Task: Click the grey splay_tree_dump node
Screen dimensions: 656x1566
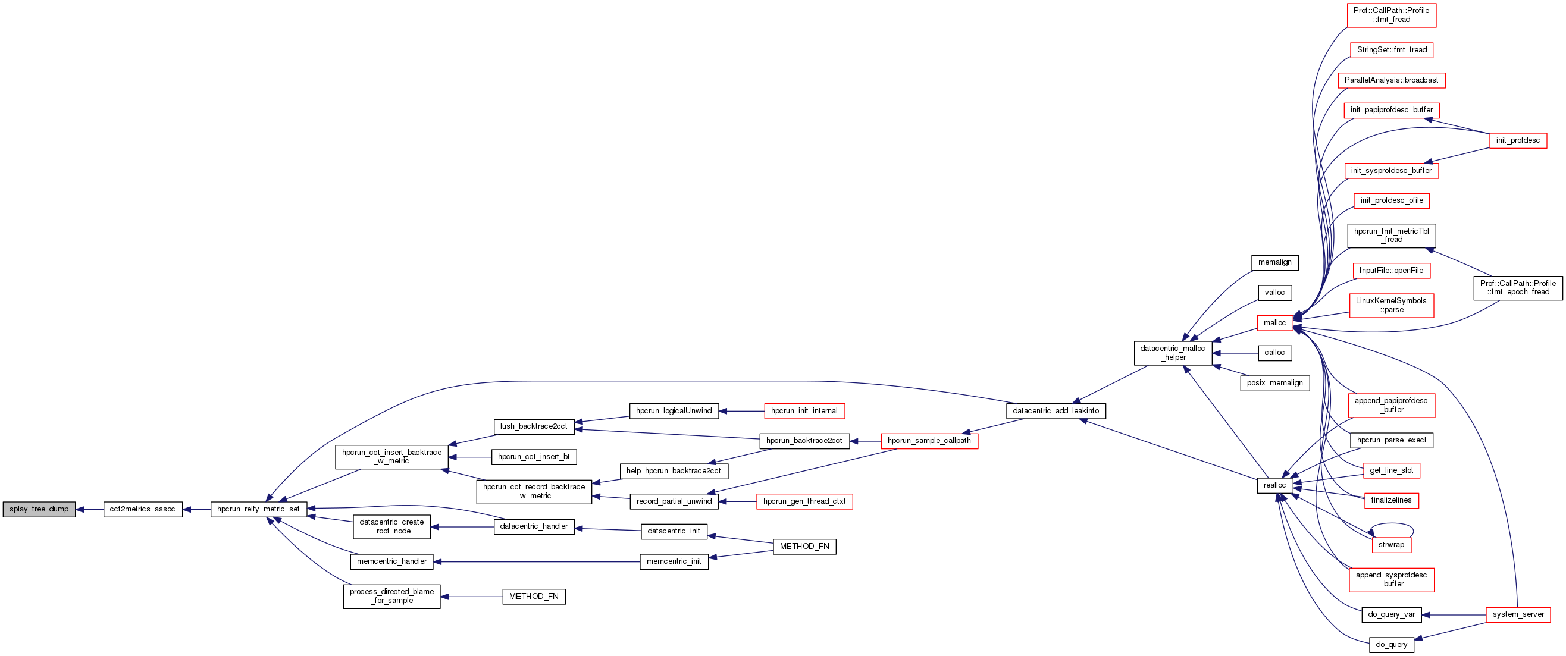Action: (39, 509)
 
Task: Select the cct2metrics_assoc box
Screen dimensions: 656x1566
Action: (142, 509)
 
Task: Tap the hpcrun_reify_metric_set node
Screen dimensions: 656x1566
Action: (258, 509)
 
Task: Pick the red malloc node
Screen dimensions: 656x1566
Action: (1274, 323)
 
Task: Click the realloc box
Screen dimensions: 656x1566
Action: (1274, 485)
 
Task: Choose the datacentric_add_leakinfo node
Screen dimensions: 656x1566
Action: (1056, 411)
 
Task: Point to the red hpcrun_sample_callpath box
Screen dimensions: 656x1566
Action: (929, 441)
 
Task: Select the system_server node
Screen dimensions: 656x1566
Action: (1518, 615)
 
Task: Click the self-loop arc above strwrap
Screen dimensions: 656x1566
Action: (1392, 524)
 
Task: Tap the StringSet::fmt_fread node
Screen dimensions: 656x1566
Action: (1392, 50)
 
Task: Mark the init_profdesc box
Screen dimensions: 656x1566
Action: (1517, 140)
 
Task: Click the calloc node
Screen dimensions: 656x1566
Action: (1274, 353)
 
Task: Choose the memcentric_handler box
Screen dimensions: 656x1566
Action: (391, 562)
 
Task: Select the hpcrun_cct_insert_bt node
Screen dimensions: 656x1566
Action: (534, 457)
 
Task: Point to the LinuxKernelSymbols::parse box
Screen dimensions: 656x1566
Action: (1391, 306)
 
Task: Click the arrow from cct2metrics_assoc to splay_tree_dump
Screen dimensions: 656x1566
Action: (89, 509)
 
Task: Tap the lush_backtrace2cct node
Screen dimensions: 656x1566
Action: (533, 426)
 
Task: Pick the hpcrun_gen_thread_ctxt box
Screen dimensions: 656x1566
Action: (804, 502)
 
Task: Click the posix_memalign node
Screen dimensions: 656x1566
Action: (1274, 383)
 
